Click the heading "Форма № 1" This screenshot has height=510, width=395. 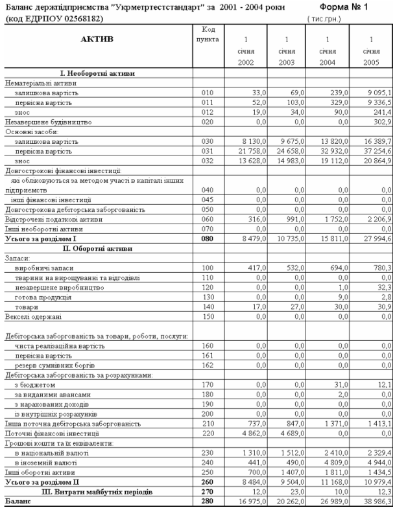[x=348, y=7]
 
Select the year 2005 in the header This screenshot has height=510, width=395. [x=370, y=62]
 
